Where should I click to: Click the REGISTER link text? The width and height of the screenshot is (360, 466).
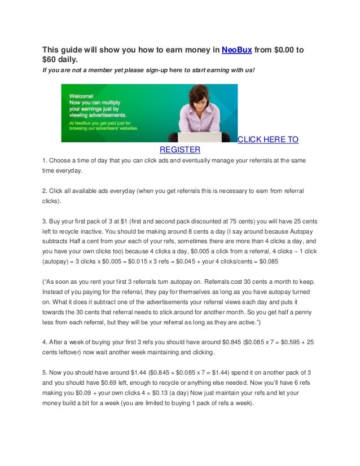pos(180,150)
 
